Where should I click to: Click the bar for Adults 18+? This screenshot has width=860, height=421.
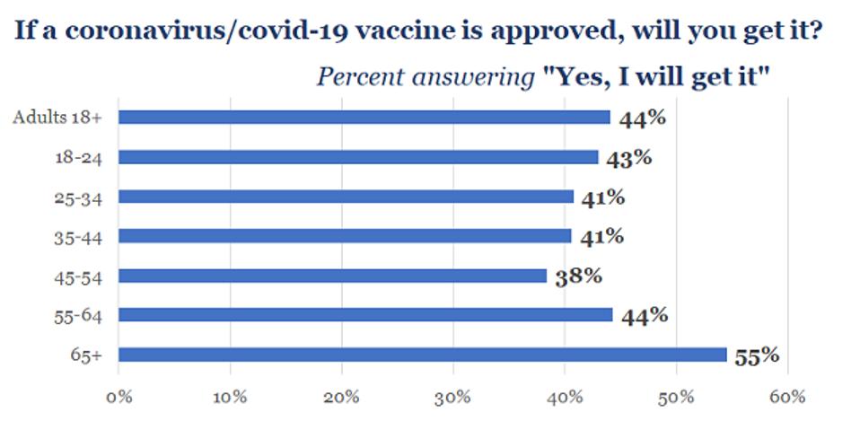point(364,117)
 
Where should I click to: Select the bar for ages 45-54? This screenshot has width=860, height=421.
point(332,276)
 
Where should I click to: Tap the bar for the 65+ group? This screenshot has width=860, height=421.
point(422,355)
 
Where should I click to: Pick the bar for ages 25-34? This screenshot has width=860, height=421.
point(346,196)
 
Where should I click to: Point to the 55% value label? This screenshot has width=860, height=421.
point(757,356)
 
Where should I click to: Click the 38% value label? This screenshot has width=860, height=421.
point(578,276)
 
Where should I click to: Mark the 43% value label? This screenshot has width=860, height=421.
point(628,158)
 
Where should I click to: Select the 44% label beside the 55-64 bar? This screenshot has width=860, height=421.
point(644,316)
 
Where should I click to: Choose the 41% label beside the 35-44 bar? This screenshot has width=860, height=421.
point(601,237)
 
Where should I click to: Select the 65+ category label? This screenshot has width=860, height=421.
point(88,355)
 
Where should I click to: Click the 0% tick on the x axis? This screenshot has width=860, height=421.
point(118,396)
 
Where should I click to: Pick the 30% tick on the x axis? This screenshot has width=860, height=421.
point(453,396)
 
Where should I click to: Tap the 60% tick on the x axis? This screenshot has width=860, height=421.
point(787,396)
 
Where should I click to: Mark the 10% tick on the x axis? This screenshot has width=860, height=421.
point(230,396)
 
